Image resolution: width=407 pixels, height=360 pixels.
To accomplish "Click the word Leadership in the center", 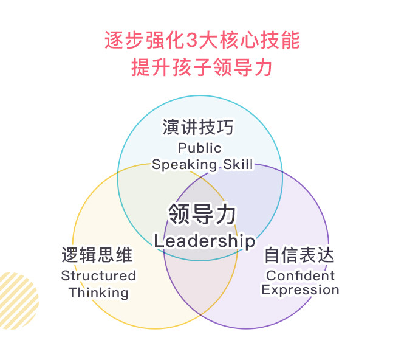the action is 204,241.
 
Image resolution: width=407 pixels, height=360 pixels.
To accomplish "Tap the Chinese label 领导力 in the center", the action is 202,214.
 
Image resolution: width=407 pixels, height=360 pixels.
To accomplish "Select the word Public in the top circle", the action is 200,148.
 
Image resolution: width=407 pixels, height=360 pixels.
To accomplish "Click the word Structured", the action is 98,275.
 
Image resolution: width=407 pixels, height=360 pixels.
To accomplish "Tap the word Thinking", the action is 98,292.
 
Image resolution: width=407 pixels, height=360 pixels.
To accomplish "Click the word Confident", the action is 301,275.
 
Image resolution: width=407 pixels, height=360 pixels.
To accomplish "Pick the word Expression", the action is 300,290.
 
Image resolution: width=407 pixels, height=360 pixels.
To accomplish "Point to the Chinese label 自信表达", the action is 299,255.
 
